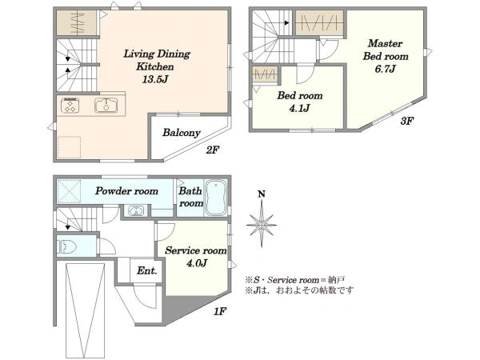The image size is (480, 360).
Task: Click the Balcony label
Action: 182,133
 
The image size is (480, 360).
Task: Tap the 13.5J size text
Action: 155,79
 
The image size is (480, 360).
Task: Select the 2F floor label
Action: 213,150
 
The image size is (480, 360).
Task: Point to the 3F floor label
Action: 407,122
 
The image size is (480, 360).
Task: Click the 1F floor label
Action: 220,312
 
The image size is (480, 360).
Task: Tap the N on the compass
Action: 262,194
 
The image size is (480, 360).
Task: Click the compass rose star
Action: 262,226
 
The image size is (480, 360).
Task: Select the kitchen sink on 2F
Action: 106,106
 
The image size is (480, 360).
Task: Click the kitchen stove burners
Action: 70,106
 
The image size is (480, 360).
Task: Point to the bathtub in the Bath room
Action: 216,198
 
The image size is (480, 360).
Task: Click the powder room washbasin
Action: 135,211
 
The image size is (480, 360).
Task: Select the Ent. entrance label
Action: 146,270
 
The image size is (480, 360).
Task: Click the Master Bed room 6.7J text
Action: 386,56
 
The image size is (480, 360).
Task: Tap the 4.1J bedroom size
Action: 299,108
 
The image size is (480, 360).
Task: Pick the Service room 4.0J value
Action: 197,263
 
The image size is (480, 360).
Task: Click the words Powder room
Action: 126,191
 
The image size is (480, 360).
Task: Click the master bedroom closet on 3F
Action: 319,22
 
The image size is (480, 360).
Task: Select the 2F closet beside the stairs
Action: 77,22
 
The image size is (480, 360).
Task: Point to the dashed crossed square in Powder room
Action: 69,192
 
